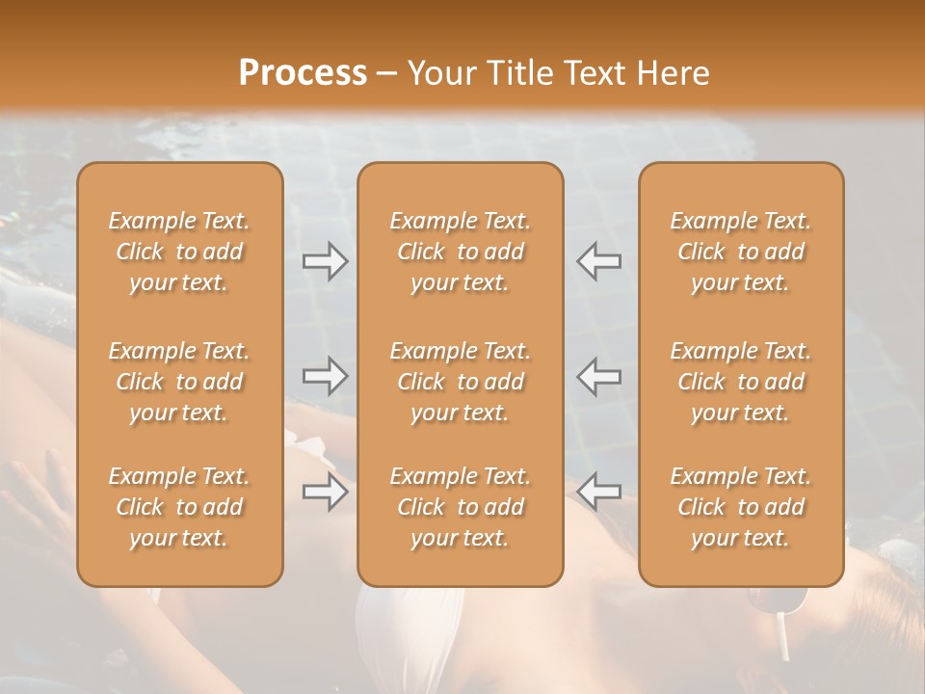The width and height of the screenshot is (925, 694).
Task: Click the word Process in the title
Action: pyautogui.click(x=303, y=72)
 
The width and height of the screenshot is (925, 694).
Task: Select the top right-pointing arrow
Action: pyautogui.click(x=326, y=261)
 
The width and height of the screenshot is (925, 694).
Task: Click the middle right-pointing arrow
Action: pyautogui.click(x=326, y=376)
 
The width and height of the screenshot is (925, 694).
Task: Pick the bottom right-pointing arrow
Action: pyautogui.click(x=326, y=493)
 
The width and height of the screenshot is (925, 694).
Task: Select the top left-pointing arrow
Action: pyautogui.click(x=599, y=261)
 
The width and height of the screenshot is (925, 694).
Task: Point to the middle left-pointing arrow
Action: pyautogui.click(x=599, y=376)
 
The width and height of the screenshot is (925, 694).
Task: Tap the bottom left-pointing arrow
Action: pyautogui.click(x=599, y=493)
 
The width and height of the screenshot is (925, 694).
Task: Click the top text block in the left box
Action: pyautogui.click(x=179, y=252)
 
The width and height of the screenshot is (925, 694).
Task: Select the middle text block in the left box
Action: pyautogui.click(x=179, y=382)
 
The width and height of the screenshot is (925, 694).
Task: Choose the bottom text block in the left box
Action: pyautogui.click(x=179, y=507)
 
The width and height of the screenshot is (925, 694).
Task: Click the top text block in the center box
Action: pyautogui.click(x=461, y=252)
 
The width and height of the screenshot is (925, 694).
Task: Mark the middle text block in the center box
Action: pyautogui.click(x=461, y=382)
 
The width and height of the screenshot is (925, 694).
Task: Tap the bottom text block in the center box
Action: pyautogui.click(x=461, y=507)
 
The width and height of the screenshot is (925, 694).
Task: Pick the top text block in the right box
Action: pyautogui.click(x=741, y=252)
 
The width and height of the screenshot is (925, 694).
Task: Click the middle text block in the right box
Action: pyautogui.click(x=741, y=382)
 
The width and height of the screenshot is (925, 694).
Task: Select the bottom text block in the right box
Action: pyautogui.click(x=741, y=507)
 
